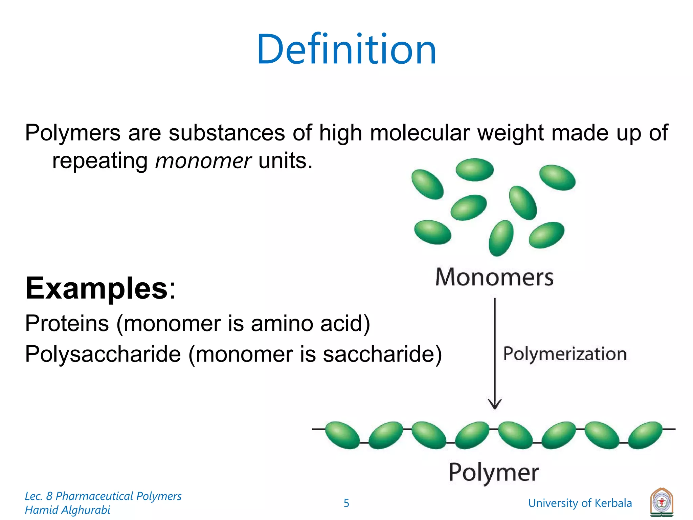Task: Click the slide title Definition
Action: pyautogui.click(x=346, y=49)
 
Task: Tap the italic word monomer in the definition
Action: pyautogui.click(x=203, y=161)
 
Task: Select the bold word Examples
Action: pyautogui.click(x=96, y=288)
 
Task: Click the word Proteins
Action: pyautogui.click(x=67, y=323)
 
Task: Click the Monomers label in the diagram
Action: pyautogui.click(x=494, y=277)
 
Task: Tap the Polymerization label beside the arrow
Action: pyautogui.click(x=565, y=354)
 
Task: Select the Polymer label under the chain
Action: pyautogui.click(x=493, y=472)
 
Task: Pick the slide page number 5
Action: pyautogui.click(x=346, y=503)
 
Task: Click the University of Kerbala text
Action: pyautogui.click(x=580, y=503)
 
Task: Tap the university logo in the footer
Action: pyautogui.click(x=662, y=503)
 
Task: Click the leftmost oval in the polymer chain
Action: pyautogui.click(x=342, y=435)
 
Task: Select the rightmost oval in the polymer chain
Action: pyautogui.click(x=645, y=435)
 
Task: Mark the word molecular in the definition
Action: pyautogui.click(x=420, y=133)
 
